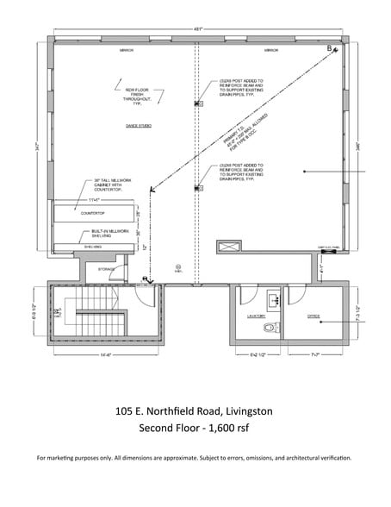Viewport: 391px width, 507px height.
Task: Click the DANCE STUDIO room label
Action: tap(140, 127)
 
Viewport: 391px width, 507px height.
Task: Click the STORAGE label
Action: tap(106, 269)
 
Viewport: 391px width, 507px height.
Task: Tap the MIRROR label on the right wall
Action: tap(271, 51)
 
